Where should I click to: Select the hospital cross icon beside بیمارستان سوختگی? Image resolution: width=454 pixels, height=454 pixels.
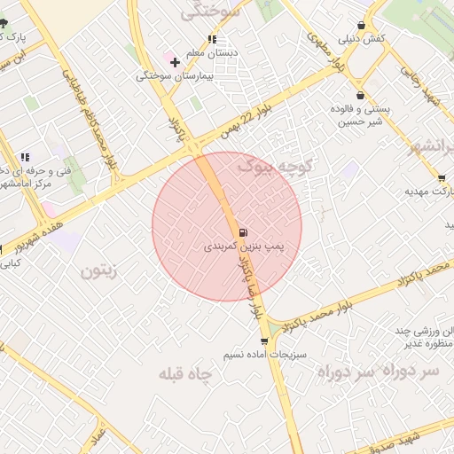pos(175,62)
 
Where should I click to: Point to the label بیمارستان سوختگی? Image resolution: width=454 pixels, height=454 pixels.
pos(176,76)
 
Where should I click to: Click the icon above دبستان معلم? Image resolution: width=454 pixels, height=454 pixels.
pos(211,39)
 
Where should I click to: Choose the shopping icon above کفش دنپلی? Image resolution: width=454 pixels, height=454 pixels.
pos(361,26)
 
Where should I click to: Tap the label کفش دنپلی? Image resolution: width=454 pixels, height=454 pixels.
pos(360,39)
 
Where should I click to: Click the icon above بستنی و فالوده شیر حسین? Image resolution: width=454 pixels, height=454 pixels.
pos(360,95)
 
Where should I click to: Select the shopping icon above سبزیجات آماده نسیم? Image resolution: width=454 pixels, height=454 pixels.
pos(264,340)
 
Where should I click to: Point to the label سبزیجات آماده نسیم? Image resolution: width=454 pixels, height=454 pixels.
pos(263,354)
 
